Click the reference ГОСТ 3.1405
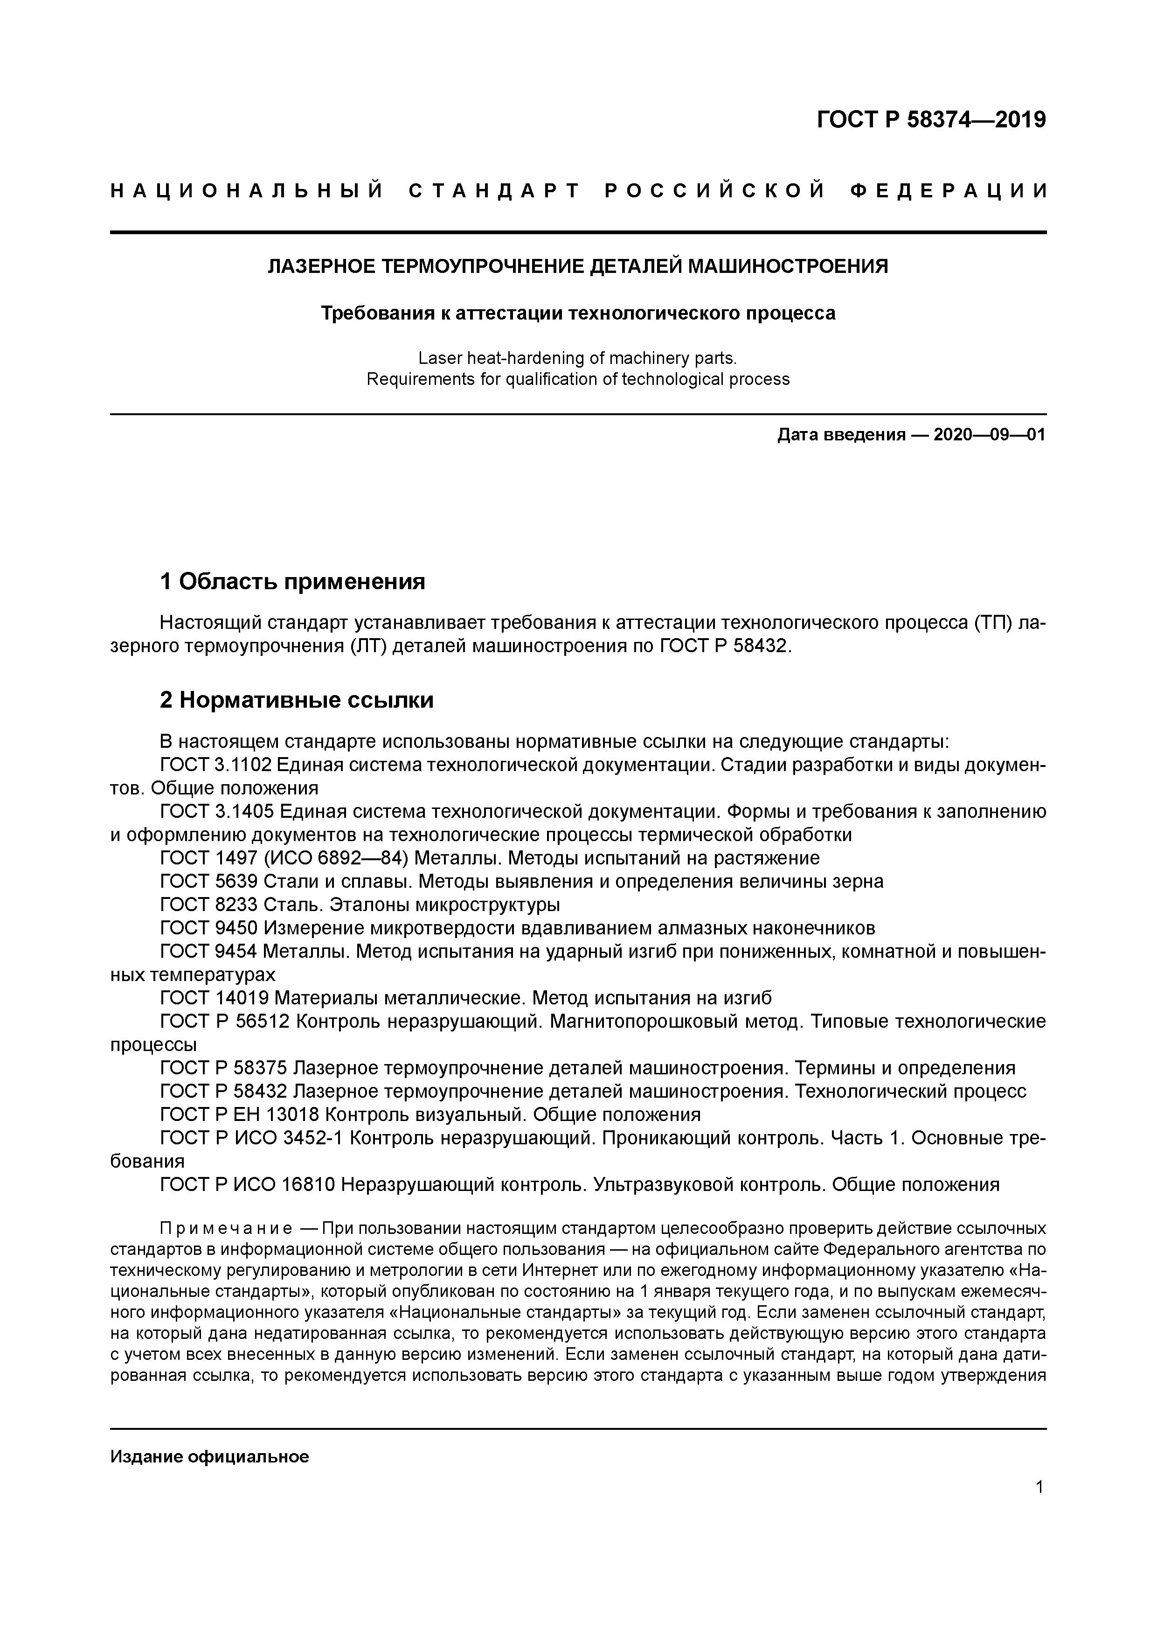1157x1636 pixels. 216,812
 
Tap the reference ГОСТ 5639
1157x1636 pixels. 209,881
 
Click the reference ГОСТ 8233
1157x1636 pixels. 209,905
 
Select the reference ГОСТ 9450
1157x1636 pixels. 209,928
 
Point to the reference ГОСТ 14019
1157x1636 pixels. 215,998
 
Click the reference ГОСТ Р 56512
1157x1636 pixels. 224,1022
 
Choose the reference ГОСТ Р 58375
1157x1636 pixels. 224,1068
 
